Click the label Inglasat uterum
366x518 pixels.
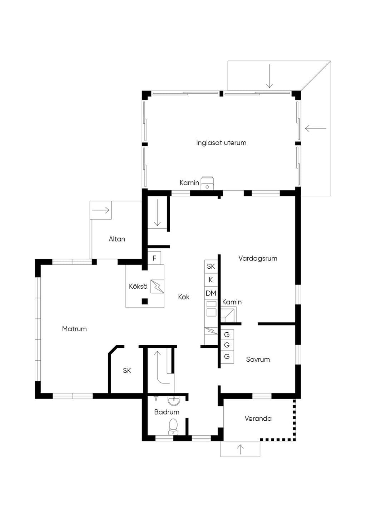click(x=221, y=143)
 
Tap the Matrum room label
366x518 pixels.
click(x=74, y=329)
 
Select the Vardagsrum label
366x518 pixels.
click(x=258, y=258)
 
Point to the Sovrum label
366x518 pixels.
click(x=258, y=360)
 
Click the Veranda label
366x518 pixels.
click(x=258, y=418)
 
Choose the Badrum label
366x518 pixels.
click(x=167, y=412)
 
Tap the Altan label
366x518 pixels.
click(x=117, y=239)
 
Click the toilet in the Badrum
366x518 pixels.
click(x=173, y=427)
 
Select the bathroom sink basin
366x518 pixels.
click(x=173, y=401)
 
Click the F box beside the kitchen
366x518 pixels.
click(x=154, y=258)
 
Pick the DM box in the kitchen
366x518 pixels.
click(x=211, y=293)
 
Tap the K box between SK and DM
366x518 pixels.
click(x=211, y=280)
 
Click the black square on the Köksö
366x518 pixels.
click(x=145, y=301)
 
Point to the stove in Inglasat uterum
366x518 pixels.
click(x=207, y=184)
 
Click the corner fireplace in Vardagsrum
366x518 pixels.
click(x=228, y=314)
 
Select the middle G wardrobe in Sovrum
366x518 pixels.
click(x=227, y=345)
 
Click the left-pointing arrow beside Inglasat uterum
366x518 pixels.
click(x=316, y=128)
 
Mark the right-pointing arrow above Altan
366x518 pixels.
click(x=101, y=210)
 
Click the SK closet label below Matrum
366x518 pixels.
click(x=127, y=371)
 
